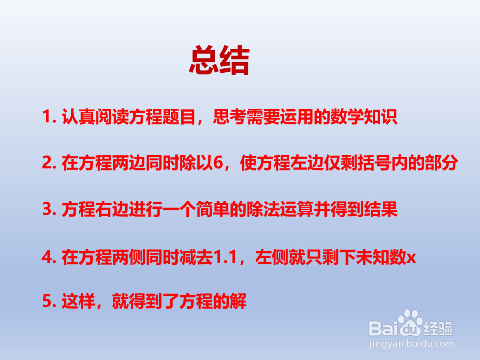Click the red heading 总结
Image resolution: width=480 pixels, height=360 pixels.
point(219,61)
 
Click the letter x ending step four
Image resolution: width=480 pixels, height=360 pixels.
point(411,258)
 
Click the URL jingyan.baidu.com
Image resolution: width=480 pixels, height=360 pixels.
point(410,343)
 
